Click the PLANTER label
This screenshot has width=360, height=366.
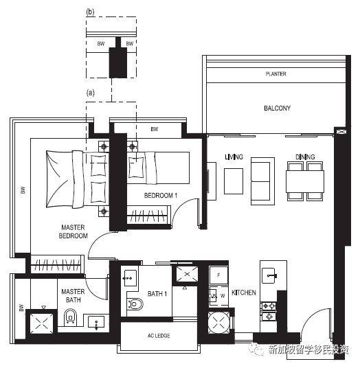pyautogui.click(x=275, y=74)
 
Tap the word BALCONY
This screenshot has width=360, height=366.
pyautogui.click(x=277, y=108)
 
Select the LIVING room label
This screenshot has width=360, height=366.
pyautogui.click(x=234, y=157)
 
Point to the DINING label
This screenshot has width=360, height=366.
pyautogui.click(x=305, y=157)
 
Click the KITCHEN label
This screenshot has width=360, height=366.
pyautogui.click(x=244, y=293)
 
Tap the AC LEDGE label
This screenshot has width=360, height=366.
pyautogui.click(x=159, y=336)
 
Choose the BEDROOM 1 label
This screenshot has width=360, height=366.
pyautogui.click(x=161, y=196)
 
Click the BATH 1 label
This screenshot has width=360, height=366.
pyautogui.click(x=157, y=294)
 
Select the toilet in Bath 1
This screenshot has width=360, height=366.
pyautogui.click(x=135, y=304)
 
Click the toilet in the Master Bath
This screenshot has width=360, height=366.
pyautogui.click(x=70, y=317)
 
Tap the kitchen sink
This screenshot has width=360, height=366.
pyautogui.click(x=269, y=275)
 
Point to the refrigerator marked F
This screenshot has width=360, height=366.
pyautogui.click(x=218, y=275)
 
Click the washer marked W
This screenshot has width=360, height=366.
pyautogui.click(x=223, y=296)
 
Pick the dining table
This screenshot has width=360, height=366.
pyautogui.click(x=305, y=181)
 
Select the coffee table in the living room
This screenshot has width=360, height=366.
pyautogui.click(x=234, y=181)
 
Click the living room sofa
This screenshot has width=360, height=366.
pyautogui.click(x=262, y=181)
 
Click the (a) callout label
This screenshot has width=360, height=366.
pyautogui.click(x=91, y=93)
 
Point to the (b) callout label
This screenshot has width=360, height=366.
pyautogui.click(x=91, y=12)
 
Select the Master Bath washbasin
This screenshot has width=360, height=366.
pyautogui.click(x=96, y=322)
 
